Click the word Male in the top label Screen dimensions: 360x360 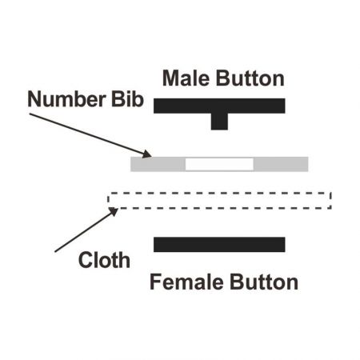click(186, 78)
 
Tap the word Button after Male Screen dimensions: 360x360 click(250, 78)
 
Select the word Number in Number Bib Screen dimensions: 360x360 click(66, 99)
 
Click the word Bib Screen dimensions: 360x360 click(127, 99)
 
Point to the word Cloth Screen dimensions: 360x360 click(104, 259)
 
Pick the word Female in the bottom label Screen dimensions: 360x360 click(186, 282)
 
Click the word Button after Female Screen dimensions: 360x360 click(264, 282)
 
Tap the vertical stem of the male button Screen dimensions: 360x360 click(219, 122)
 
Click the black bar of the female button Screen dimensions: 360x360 click(219, 244)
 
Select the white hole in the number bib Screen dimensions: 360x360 click(219, 164)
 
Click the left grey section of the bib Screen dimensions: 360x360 click(158, 164)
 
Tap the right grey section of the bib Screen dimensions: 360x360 click(281, 164)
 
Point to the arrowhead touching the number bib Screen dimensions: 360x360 click(147, 154)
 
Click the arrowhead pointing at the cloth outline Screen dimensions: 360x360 click(114, 211)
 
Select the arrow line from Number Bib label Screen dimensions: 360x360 click(90, 135)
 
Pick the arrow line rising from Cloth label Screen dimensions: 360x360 click(86, 230)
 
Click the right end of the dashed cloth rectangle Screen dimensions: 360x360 click(330, 201)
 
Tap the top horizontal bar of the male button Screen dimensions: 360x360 click(219, 106)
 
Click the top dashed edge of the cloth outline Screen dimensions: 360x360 click(219, 193)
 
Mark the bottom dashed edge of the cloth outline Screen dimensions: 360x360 click(219, 208)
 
